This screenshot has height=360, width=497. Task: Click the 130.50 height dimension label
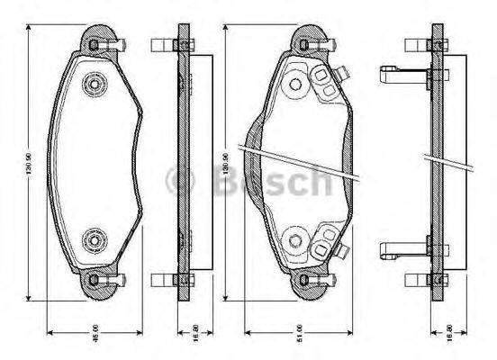point(29,165)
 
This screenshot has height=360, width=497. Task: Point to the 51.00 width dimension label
point(300,330)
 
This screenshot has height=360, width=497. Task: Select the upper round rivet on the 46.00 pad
point(94,85)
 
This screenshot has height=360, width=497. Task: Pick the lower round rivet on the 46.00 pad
point(94,240)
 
